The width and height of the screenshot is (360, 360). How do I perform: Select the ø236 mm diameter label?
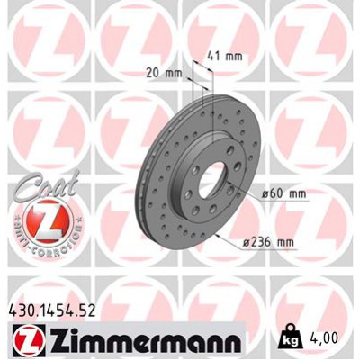(x=271, y=241)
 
